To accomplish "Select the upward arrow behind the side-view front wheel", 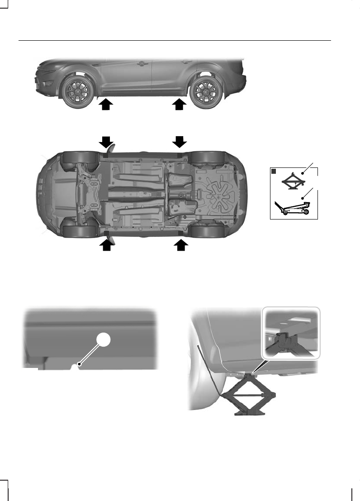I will [x=105, y=105].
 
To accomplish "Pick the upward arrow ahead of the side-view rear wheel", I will [x=180, y=105].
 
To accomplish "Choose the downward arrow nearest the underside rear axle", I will [x=180, y=142].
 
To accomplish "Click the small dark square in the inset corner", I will [x=274, y=172].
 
